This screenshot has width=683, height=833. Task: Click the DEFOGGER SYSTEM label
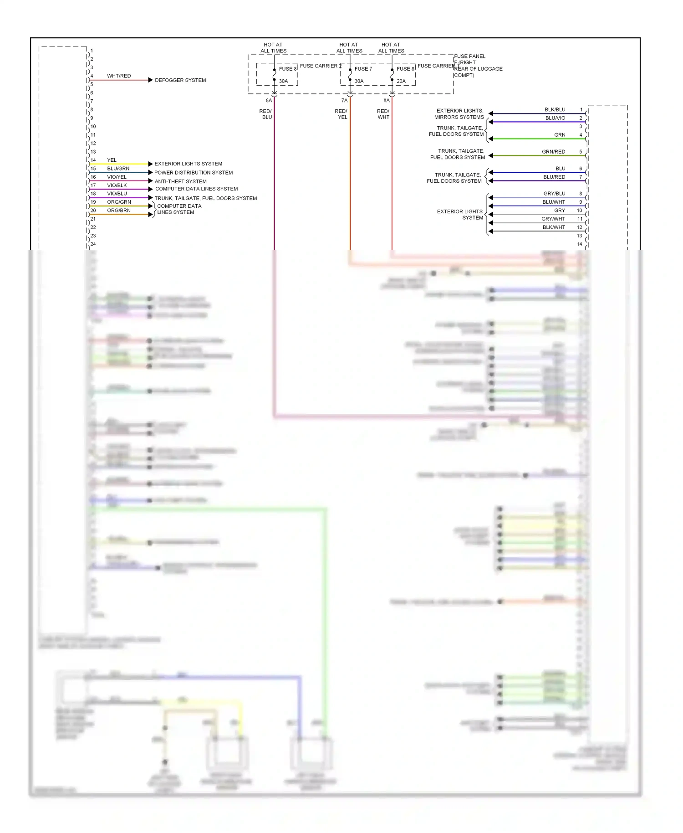pyautogui.click(x=180, y=80)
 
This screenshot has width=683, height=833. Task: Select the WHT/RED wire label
pyautogui.click(x=119, y=76)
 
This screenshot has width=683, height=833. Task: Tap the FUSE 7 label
pyautogui.click(x=363, y=69)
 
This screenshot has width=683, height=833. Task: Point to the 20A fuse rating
pyautogui.click(x=401, y=81)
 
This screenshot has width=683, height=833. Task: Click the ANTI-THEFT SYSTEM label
pyautogui.click(x=180, y=181)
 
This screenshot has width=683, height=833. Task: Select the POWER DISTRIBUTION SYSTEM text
pyautogui.click(x=193, y=173)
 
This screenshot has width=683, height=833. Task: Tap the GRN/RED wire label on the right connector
pyautogui.click(x=553, y=152)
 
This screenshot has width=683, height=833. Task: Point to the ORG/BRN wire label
pyautogui.click(x=119, y=211)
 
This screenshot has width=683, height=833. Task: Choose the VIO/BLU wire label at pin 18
pyautogui.click(x=117, y=194)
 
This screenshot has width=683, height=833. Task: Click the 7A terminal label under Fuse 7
pyautogui.click(x=344, y=100)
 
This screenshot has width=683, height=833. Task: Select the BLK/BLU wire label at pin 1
pyautogui.click(x=555, y=110)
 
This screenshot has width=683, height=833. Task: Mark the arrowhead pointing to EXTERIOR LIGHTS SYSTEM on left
pyautogui.click(x=150, y=164)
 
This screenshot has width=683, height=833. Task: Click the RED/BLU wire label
pyautogui.click(x=265, y=114)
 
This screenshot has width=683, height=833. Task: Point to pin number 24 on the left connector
pyautogui.click(x=93, y=244)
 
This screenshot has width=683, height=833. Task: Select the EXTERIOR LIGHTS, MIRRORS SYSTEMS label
pyautogui.click(x=459, y=114)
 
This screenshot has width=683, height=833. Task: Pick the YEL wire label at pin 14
pyautogui.click(x=112, y=160)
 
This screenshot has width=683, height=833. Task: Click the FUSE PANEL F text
pyautogui.click(x=469, y=57)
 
